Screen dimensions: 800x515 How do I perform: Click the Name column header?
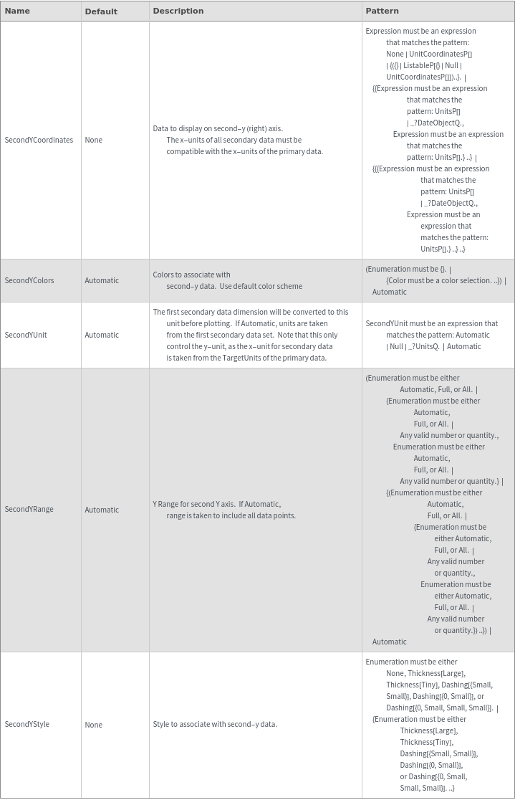coord(17,11)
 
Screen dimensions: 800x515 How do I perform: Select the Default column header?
coord(101,11)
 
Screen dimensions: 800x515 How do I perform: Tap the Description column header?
coord(178,11)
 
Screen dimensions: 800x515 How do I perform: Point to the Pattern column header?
coord(382,11)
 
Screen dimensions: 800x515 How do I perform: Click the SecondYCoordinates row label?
coord(39,140)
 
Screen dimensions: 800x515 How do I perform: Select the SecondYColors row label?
coord(29,280)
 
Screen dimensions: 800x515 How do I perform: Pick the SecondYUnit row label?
coord(26,335)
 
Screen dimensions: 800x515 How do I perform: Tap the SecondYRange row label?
coord(29,510)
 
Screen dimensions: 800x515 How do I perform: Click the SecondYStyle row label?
coord(27,725)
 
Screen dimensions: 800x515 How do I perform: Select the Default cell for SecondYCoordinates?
coord(93,140)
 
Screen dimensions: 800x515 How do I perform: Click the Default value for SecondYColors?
coord(102,280)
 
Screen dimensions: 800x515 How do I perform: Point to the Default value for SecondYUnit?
coord(102,335)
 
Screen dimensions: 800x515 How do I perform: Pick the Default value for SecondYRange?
coord(102,510)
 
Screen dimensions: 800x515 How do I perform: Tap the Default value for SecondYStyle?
coord(93,725)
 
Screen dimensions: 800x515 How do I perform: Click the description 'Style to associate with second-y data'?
coord(215,725)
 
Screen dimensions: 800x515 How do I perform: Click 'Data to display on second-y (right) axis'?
coord(218,128)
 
